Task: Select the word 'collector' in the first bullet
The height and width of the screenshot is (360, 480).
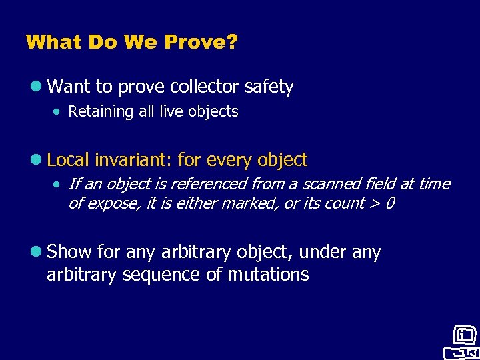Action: pyautogui.click(x=205, y=87)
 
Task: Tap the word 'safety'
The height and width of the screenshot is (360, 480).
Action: pyautogui.click(x=269, y=87)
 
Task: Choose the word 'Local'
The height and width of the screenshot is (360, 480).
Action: pyautogui.click(x=69, y=160)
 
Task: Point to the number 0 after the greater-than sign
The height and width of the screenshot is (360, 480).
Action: pyautogui.click(x=389, y=203)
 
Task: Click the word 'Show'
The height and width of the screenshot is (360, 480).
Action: pyautogui.click(x=71, y=252)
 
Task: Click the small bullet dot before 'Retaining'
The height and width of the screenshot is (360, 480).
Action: pyautogui.click(x=58, y=112)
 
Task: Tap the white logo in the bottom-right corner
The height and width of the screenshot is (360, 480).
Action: pyautogui.click(x=461, y=342)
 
